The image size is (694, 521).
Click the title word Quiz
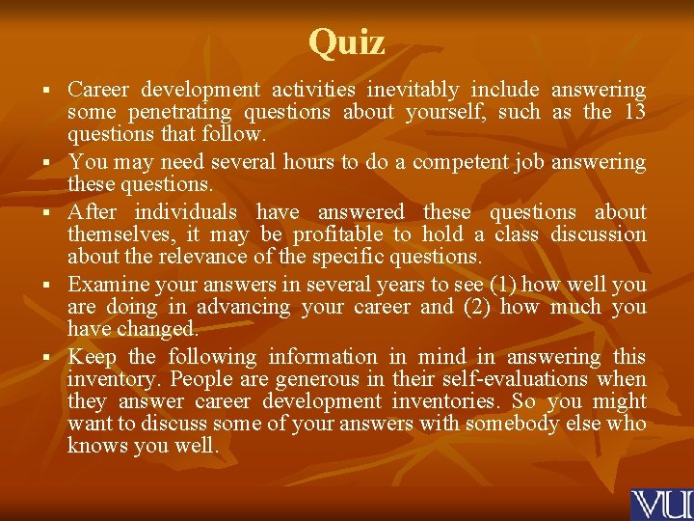tap(347, 41)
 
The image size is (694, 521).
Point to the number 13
tap(634, 112)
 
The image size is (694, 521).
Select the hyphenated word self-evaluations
tap(506, 379)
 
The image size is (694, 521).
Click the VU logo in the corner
tap(660, 505)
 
